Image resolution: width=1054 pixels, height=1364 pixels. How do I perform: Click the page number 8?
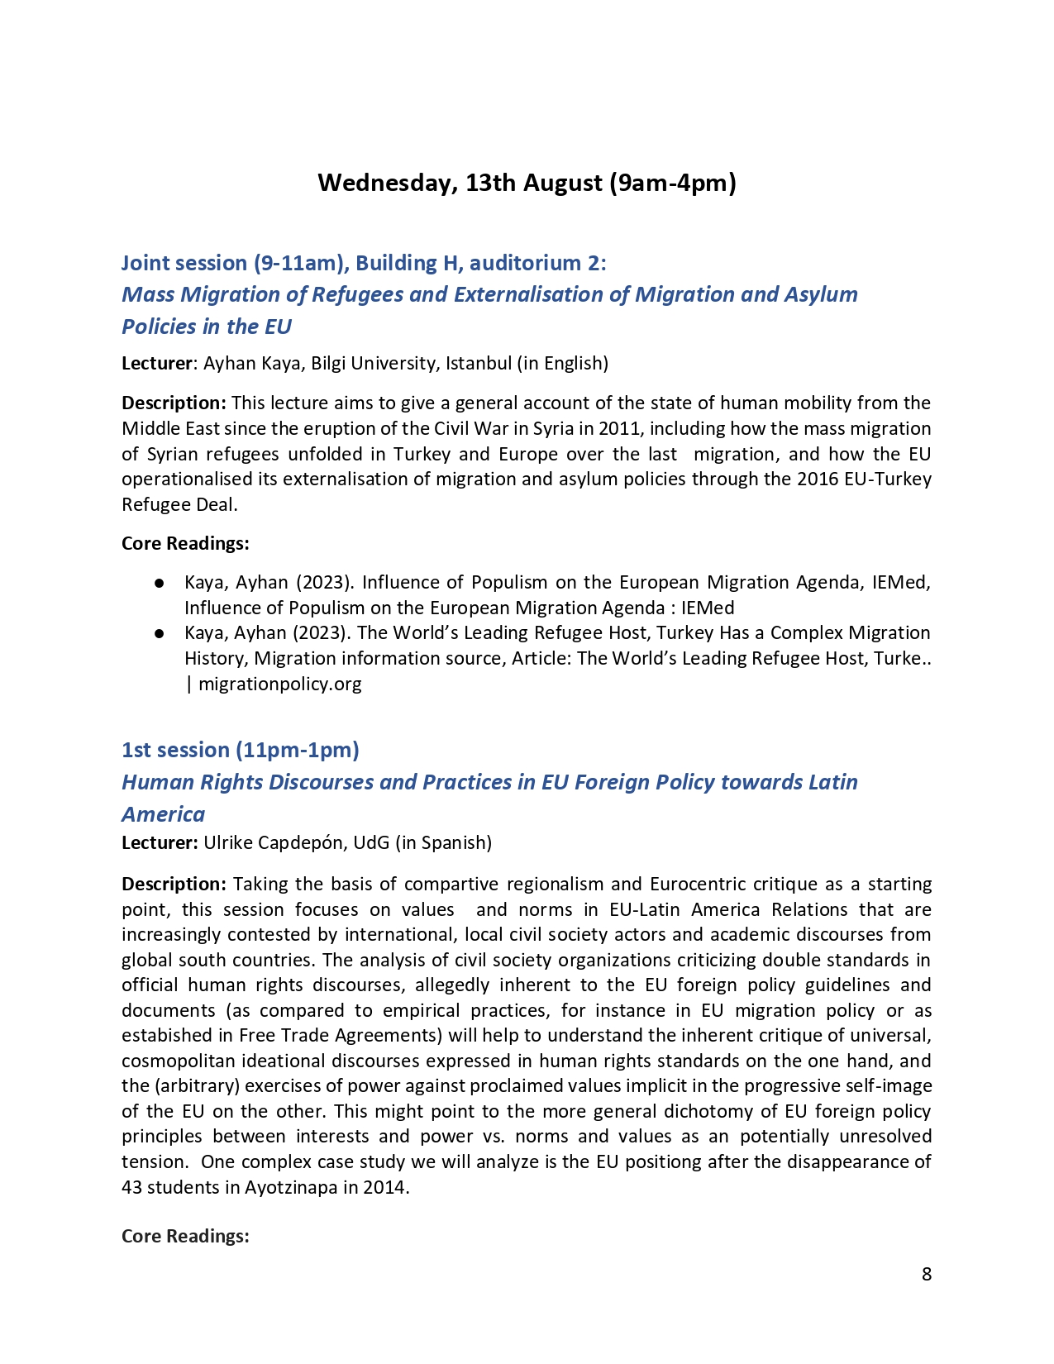[926, 1274]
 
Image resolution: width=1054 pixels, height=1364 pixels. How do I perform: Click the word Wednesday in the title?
[385, 183]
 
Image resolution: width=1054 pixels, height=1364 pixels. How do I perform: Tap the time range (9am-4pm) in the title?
[672, 183]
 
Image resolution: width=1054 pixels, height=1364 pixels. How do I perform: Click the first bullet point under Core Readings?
[159, 583]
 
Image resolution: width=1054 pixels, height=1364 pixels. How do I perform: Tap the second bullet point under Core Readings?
[159, 633]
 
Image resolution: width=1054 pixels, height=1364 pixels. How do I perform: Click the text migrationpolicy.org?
[279, 684]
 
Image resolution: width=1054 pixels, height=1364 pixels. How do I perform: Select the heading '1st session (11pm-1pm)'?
[240, 750]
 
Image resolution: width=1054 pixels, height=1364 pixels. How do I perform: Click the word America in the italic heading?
[163, 814]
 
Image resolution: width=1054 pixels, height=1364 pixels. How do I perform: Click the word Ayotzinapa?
[292, 1187]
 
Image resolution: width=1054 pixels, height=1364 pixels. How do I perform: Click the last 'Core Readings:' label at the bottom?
[185, 1236]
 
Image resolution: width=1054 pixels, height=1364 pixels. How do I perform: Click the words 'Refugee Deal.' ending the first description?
[179, 504]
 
